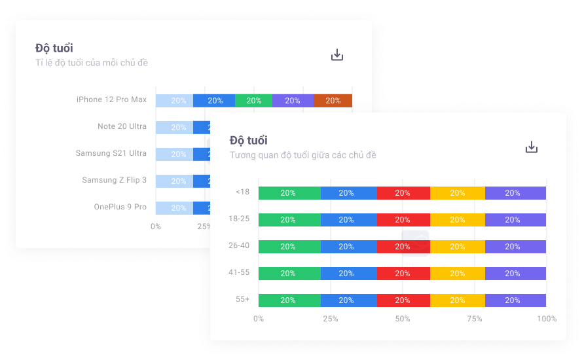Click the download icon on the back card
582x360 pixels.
click(337, 55)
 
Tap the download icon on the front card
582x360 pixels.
click(532, 147)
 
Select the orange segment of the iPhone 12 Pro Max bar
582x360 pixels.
click(333, 101)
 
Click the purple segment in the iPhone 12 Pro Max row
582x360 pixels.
click(293, 101)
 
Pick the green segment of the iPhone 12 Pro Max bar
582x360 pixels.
click(253, 101)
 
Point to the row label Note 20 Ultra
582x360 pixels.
click(122, 126)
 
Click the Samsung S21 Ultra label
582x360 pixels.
click(111, 153)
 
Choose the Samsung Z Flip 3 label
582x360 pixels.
click(115, 180)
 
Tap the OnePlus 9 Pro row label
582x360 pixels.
click(120, 207)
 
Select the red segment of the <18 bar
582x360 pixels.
click(403, 193)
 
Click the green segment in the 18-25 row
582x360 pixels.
click(289, 220)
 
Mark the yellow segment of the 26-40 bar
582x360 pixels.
click(457, 247)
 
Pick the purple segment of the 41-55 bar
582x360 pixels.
click(515, 274)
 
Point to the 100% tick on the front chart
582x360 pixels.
click(547, 319)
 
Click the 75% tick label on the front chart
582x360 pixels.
click(475, 319)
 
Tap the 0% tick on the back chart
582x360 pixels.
click(156, 226)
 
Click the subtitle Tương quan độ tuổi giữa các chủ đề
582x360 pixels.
click(303, 155)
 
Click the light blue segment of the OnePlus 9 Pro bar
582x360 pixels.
click(175, 208)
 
